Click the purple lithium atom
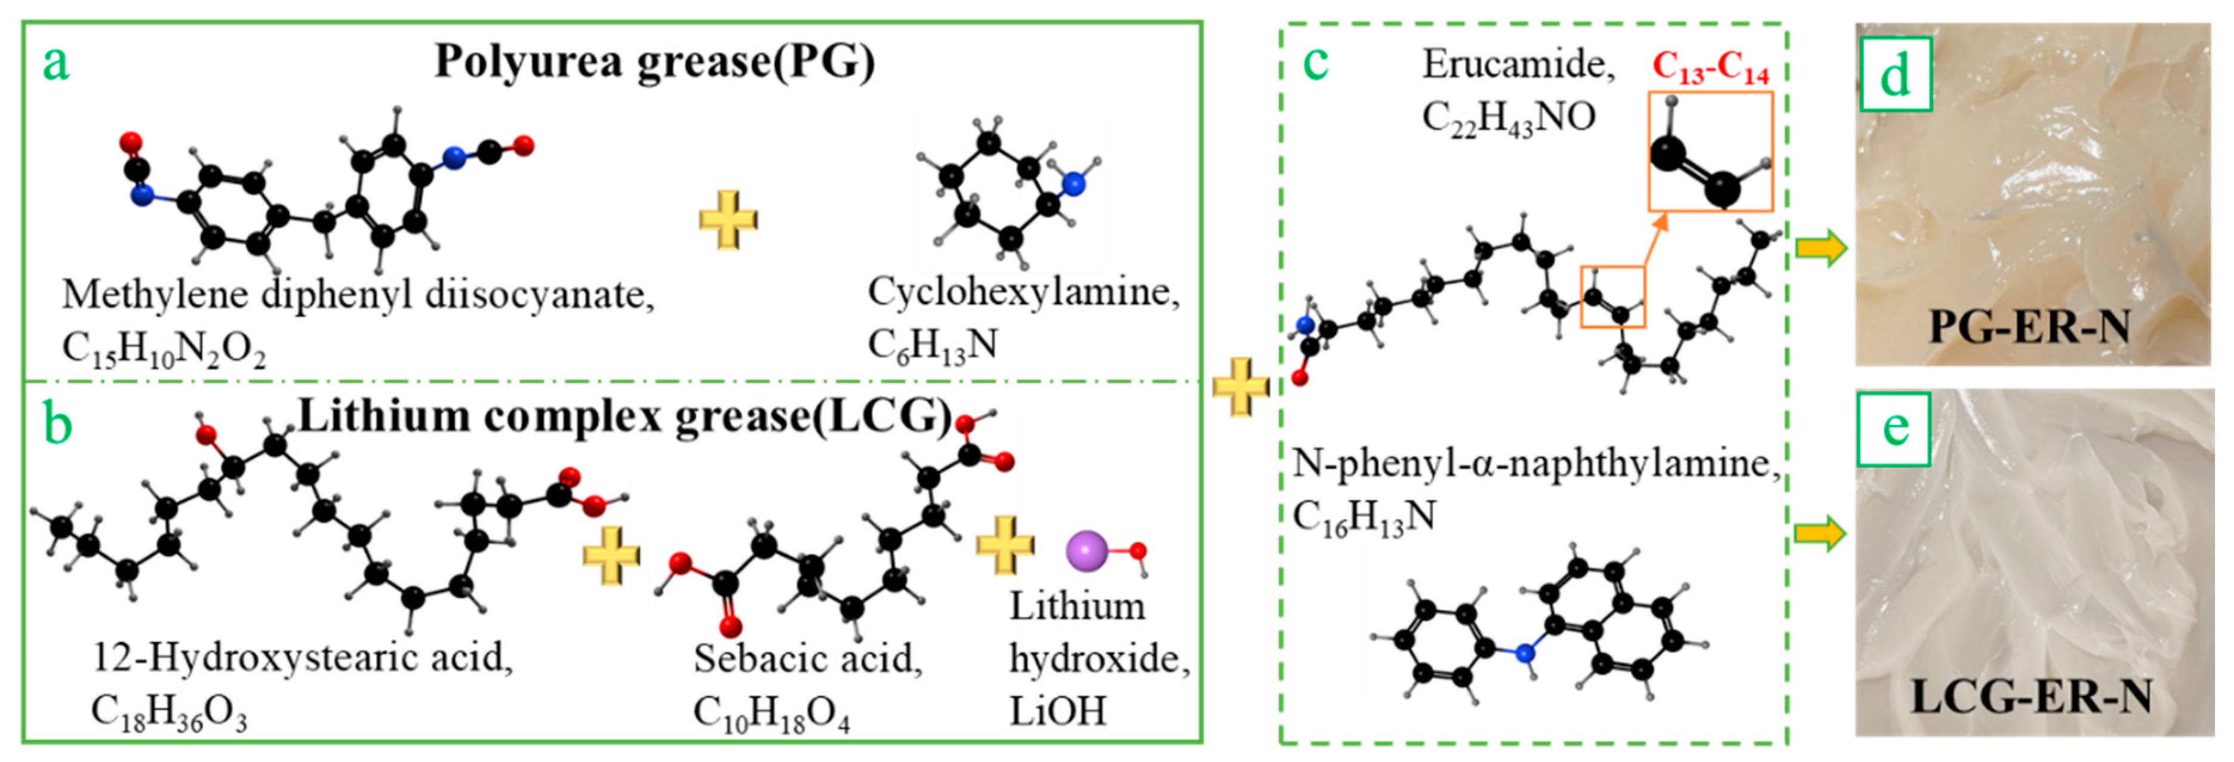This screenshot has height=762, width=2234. pyautogui.click(x=1087, y=551)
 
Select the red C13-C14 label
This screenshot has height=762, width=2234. pyautogui.click(x=1710, y=67)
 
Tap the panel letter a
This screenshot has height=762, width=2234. pyautogui.click(x=56, y=63)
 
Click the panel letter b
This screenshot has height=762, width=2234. pyautogui.click(x=57, y=425)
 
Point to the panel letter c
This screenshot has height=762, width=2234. pyautogui.click(x=1316, y=61)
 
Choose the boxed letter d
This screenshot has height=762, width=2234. pyautogui.click(x=1895, y=75)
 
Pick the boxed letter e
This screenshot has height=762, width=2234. pyautogui.click(x=1895, y=428)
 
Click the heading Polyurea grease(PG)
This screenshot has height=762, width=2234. pyautogui.click(x=655, y=63)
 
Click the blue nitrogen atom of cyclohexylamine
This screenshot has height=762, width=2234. pyautogui.click(x=1073, y=183)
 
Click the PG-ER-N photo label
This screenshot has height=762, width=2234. pyautogui.click(x=2029, y=327)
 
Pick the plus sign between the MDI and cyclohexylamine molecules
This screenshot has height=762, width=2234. pyautogui.click(x=728, y=220)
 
